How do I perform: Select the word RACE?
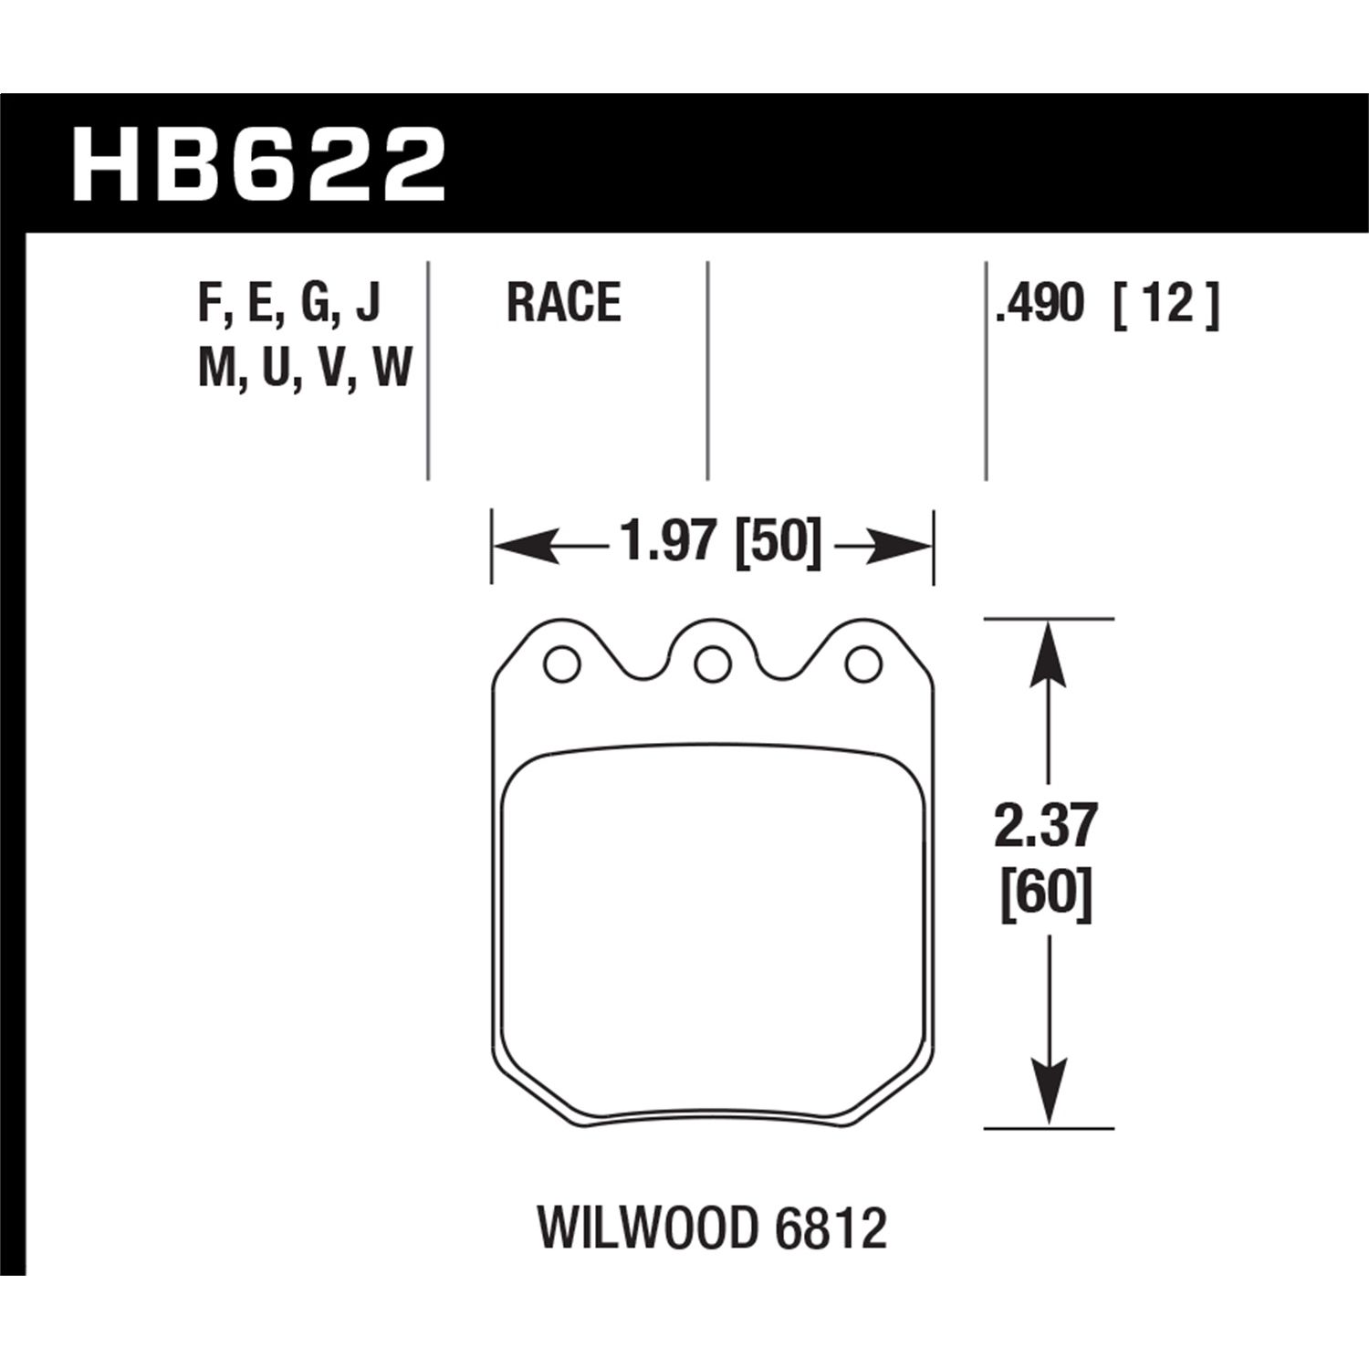tap(563, 303)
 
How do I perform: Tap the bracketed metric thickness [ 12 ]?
tap(1165, 303)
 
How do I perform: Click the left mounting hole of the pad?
tap(560, 664)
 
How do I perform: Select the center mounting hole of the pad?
tap(711, 664)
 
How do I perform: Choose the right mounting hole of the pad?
tap(862, 664)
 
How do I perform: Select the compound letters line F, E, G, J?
tap(288, 303)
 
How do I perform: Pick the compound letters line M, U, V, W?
tap(305, 370)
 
